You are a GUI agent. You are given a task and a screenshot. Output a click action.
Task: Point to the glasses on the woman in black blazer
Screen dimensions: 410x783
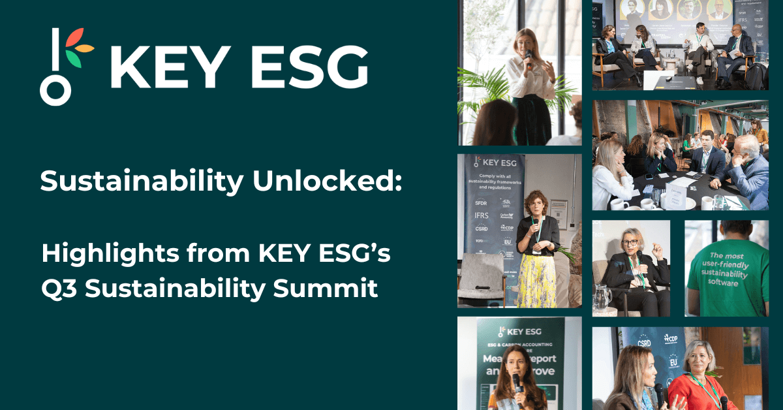click(631, 242)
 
